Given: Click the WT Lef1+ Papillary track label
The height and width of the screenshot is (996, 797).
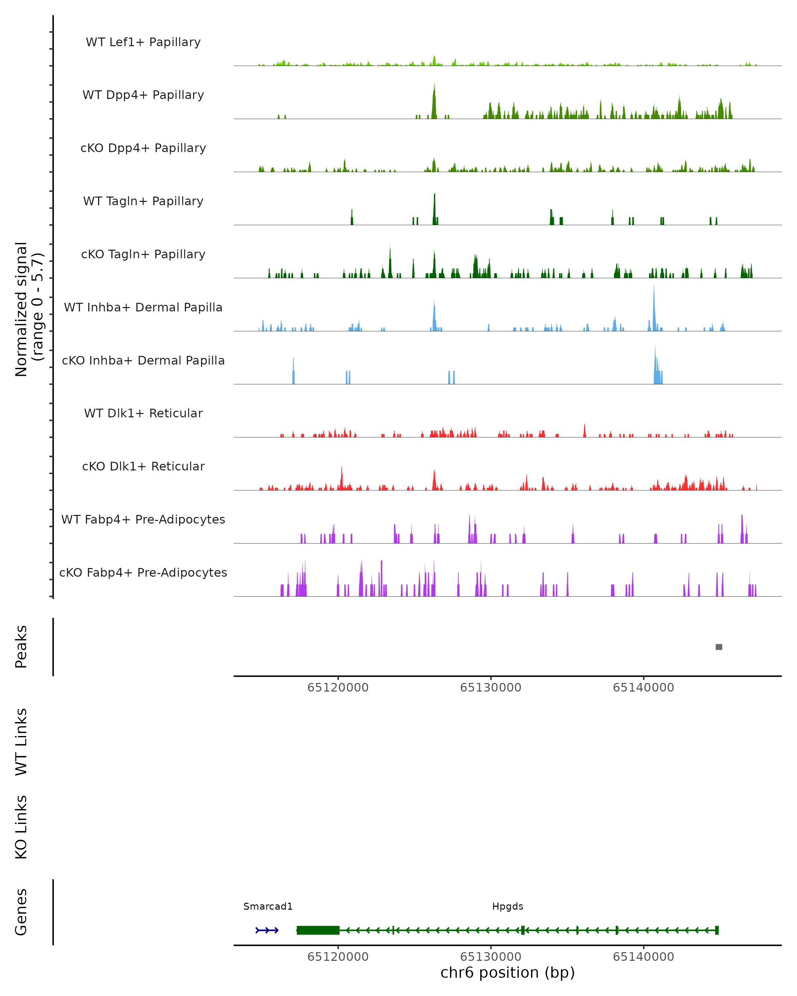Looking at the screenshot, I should click(143, 42).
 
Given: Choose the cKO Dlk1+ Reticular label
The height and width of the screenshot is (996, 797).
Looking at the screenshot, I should click(143, 466).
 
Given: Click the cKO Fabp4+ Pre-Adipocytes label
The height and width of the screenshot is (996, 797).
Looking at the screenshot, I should click(143, 572).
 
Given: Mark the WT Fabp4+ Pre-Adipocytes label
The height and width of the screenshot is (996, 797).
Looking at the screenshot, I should click(143, 519).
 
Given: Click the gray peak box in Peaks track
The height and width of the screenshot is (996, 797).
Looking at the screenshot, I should click(719, 647).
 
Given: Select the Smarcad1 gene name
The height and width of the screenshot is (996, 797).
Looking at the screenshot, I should click(268, 906).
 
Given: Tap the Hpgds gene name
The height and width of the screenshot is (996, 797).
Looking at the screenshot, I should click(507, 906).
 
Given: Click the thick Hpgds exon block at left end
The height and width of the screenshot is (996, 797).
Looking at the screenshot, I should click(318, 930).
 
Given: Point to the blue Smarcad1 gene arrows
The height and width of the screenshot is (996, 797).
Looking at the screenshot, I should click(267, 930).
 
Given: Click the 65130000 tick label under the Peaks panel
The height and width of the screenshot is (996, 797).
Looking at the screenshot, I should click(491, 688).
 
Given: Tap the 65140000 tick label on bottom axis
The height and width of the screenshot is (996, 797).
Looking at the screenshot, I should click(643, 957).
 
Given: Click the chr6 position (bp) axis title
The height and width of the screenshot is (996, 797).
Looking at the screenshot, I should click(507, 973).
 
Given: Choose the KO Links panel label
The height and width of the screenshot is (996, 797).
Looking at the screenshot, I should click(21, 827).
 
